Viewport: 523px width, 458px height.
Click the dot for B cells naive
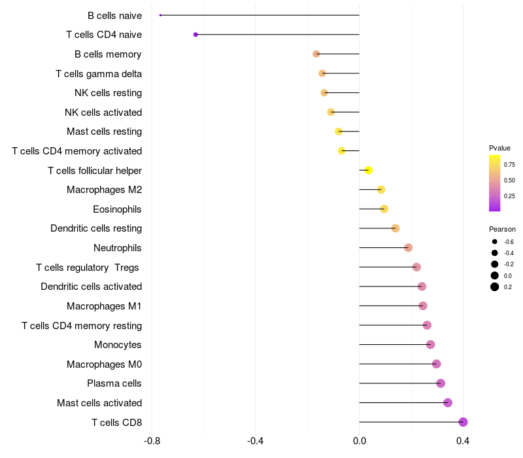160,15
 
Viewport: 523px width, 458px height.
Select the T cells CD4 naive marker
195,35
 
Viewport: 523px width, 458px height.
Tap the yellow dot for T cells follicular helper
368,170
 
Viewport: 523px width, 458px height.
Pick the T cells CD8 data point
463,422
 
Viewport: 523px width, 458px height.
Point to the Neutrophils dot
408,248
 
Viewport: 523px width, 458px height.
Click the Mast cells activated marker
448,402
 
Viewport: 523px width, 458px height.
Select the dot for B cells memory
316,54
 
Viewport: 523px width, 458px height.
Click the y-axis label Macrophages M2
105,190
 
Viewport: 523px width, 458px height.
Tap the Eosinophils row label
117,209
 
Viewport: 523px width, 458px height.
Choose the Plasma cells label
114,383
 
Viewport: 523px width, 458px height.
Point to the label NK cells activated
103,113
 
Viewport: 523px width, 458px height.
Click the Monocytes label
118,345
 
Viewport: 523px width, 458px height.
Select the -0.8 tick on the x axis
152,441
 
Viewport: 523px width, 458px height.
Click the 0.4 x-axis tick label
463,441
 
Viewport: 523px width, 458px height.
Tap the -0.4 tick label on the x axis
256,441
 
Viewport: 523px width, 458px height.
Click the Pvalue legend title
499,148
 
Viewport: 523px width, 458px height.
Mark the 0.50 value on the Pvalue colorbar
509,181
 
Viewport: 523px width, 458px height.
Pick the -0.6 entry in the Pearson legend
509,241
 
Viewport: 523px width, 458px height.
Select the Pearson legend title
502,229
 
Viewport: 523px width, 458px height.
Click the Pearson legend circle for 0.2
495,287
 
